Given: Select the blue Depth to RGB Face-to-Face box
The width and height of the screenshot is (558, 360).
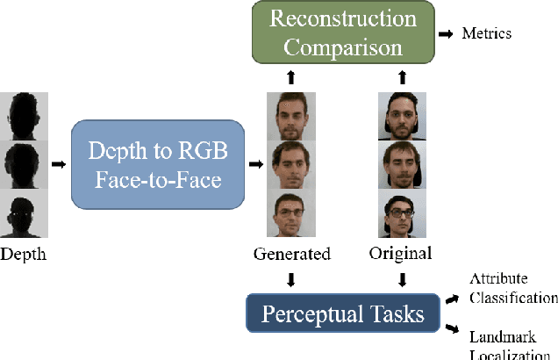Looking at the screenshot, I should point(158,164).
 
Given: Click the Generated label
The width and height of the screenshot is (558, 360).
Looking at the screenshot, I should point(292,254).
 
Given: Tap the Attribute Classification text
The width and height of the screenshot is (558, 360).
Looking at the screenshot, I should point(512,290).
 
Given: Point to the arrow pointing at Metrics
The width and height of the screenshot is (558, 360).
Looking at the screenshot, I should point(446,33).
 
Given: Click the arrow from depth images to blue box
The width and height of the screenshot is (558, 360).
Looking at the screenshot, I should point(58,163).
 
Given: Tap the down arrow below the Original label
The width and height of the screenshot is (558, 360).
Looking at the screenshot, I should point(403,280).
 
